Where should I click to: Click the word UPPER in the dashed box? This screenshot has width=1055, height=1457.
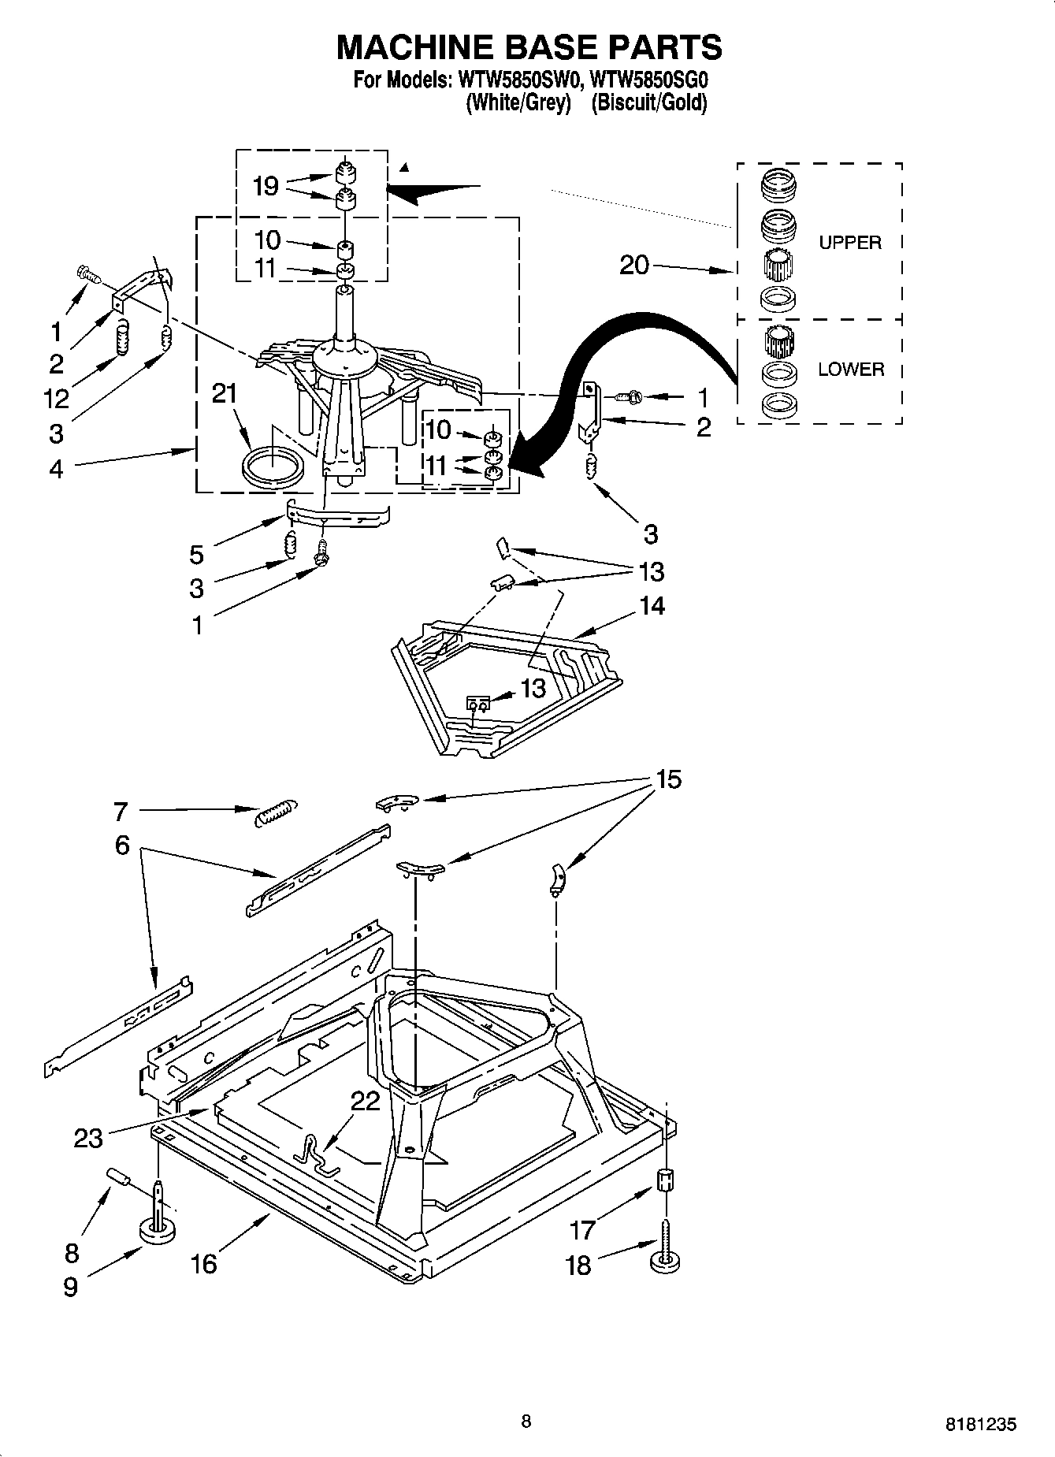pos(849,243)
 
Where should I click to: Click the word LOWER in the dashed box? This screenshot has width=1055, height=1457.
pos(850,369)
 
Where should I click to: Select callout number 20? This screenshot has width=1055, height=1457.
pos(634,265)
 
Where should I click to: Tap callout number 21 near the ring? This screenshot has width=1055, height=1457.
pos(225,393)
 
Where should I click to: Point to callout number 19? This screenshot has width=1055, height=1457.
pos(266,186)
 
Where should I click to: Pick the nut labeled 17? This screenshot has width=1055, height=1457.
pos(666,1180)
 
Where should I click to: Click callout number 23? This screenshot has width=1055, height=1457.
pos(88,1138)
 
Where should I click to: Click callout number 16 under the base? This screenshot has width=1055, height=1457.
pos(203,1264)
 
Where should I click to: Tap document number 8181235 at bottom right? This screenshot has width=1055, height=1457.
pos(980,1424)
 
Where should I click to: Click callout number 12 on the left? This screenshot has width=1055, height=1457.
pos(56,399)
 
